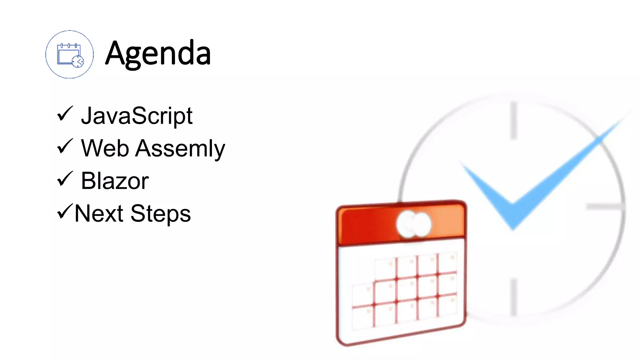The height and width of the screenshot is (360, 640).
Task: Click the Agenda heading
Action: click(x=158, y=54)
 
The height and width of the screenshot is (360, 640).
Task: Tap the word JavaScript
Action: click(x=137, y=116)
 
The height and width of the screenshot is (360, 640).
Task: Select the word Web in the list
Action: click(x=105, y=148)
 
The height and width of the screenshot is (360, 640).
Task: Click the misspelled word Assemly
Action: click(x=180, y=149)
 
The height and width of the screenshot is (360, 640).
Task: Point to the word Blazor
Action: click(x=115, y=181)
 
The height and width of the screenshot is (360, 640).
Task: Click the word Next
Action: click(x=99, y=213)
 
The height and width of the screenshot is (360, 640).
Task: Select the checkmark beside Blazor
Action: click(x=65, y=179)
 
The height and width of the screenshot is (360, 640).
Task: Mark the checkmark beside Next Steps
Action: click(x=65, y=211)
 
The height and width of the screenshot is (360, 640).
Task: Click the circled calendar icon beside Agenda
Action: click(x=69, y=54)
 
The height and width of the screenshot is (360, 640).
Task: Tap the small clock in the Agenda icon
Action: click(x=77, y=61)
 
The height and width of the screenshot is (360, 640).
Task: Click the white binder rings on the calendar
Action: click(x=413, y=224)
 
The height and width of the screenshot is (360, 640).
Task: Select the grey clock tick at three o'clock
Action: click(x=605, y=207)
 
